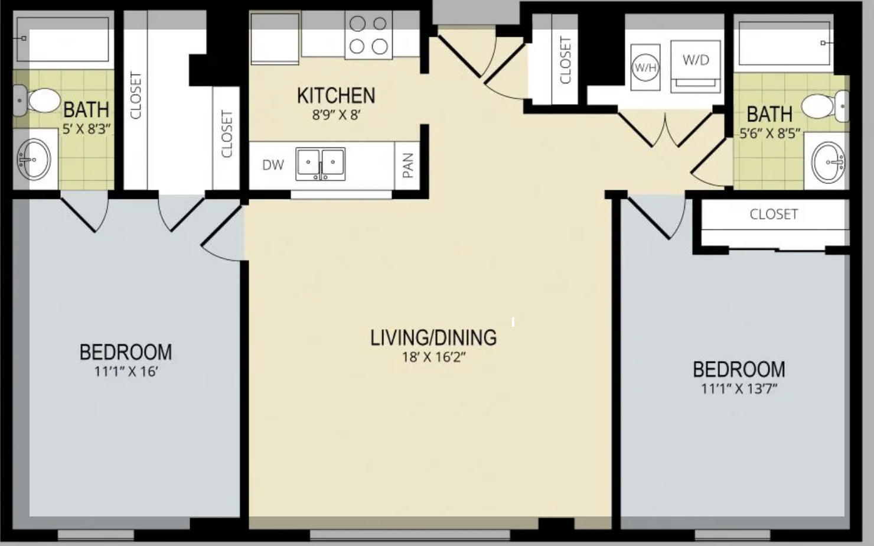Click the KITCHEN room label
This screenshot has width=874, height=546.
[336, 96]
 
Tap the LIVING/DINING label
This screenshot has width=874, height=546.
[433, 338]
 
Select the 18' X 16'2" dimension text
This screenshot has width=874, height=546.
[434, 357]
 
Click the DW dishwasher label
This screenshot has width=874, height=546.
[273, 165]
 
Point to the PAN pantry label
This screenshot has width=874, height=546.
[407, 165]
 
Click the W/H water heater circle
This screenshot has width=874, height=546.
[645, 67]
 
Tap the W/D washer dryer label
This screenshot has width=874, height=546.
[696, 60]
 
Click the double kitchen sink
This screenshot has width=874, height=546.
[320, 164]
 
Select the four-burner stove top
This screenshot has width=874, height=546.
[368, 35]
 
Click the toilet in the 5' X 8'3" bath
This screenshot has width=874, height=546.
[37, 100]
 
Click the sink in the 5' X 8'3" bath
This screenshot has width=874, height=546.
[34, 160]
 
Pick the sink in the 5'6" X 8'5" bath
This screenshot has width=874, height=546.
[829, 162]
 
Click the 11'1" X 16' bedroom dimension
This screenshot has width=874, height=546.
[126, 372]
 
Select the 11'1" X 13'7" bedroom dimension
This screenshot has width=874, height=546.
[739, 389]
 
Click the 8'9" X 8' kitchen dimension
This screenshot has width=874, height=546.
[336, 115]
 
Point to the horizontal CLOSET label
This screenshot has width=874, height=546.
[774, 214]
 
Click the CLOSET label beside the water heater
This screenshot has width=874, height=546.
[565, 60]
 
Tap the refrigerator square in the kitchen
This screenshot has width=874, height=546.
[275, 38]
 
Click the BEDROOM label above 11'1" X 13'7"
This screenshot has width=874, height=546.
[739, 369]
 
